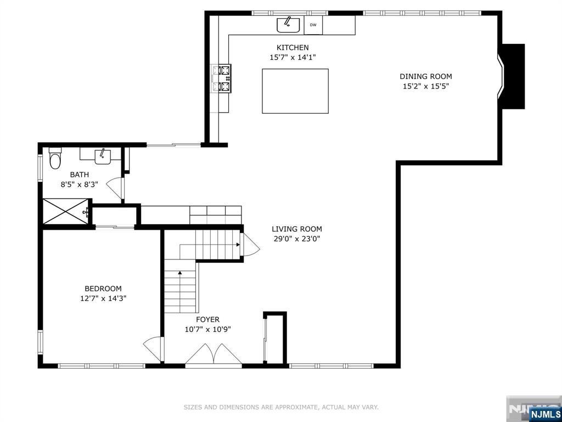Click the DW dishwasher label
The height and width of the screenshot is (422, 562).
tap(313, 25)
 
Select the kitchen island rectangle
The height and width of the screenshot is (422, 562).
tap(295, 91)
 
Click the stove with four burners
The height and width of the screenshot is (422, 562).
tap(221, 78)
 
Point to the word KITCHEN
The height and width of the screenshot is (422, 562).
tap(293, 47)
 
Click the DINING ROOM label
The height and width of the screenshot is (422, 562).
tap(426, 76)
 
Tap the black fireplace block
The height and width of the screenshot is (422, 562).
tap(513, 76)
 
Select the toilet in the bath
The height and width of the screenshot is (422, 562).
tap(55, 159)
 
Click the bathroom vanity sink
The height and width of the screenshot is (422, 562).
tap(103, 157)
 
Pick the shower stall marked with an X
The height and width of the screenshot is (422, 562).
tap(65, 212)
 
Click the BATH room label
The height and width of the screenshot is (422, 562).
tap(79, 175)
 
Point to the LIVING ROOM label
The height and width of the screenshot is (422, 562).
tap(297, 229)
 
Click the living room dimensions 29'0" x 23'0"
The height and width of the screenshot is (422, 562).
tap(297, 239)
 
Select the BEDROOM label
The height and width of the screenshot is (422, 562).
tap(103, 288)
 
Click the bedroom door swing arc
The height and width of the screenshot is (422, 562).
tap(153, 349)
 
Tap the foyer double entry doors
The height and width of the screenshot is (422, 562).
tap(213, 354)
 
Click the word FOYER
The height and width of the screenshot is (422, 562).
tap(207, 319)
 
